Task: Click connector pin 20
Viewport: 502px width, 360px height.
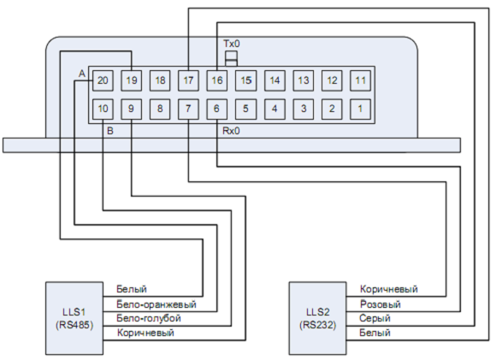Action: [103, 80]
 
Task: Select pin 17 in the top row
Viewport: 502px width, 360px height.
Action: [188, 80]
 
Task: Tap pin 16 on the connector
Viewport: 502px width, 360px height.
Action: [217, 80]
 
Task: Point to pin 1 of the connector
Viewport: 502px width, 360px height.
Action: [361, 109]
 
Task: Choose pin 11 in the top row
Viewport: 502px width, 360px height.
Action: [361, 80]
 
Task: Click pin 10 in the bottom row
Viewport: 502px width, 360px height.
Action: [103, 109]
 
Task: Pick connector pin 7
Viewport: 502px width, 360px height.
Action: [188, 109]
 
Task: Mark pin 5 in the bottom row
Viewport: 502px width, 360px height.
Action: [246, 109]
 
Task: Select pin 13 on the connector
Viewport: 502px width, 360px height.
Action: [304, 80]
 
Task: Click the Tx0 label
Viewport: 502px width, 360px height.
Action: [232, 44]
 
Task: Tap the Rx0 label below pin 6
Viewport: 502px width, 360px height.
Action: [231, 131]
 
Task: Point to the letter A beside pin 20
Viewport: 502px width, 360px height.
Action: [82, 74]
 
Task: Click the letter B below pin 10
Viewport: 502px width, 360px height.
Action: [110, 131]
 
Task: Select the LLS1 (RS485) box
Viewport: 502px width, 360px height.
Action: [74, 318]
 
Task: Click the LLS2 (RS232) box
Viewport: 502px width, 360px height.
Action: [318, 318]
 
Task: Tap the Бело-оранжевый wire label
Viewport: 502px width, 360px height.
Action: [157, 304]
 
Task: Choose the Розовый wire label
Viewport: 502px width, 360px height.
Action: [380, 304]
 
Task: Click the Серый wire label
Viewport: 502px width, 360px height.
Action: [375, 319]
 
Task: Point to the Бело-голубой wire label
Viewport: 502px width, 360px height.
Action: [149, 319]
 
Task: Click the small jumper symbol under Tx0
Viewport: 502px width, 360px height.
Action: [232, 58]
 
